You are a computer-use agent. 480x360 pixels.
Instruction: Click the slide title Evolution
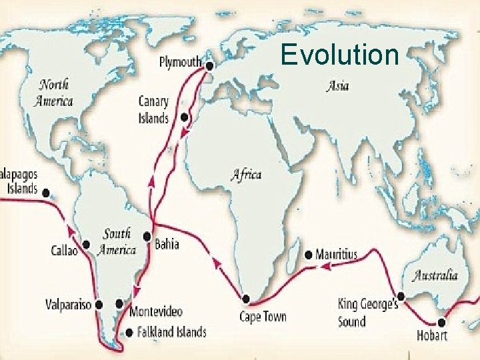(340, 55)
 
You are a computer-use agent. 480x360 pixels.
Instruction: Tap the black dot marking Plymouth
(209, 66)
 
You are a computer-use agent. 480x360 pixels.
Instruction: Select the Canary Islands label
(153, 110)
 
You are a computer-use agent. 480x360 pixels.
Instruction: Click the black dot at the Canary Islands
(186, 117)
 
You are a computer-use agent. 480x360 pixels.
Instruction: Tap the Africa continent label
(246, 175)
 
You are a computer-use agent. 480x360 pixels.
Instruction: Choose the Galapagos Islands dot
(46, 193)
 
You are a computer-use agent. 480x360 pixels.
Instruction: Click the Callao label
(64, 251)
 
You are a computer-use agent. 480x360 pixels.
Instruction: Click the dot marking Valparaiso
(99, 305)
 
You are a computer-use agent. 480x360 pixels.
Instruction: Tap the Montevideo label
(156, 311)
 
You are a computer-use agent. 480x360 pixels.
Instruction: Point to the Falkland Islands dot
(129, 331)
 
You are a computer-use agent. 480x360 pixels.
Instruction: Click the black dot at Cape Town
(246, 299)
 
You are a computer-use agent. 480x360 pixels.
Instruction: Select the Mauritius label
(337, 255)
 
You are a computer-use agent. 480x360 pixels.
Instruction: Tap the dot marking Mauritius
(308, 255)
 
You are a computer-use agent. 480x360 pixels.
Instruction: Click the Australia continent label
(435, 275)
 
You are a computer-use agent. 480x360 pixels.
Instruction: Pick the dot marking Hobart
(442, 319)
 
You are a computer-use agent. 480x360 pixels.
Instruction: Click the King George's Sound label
(368, 313)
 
